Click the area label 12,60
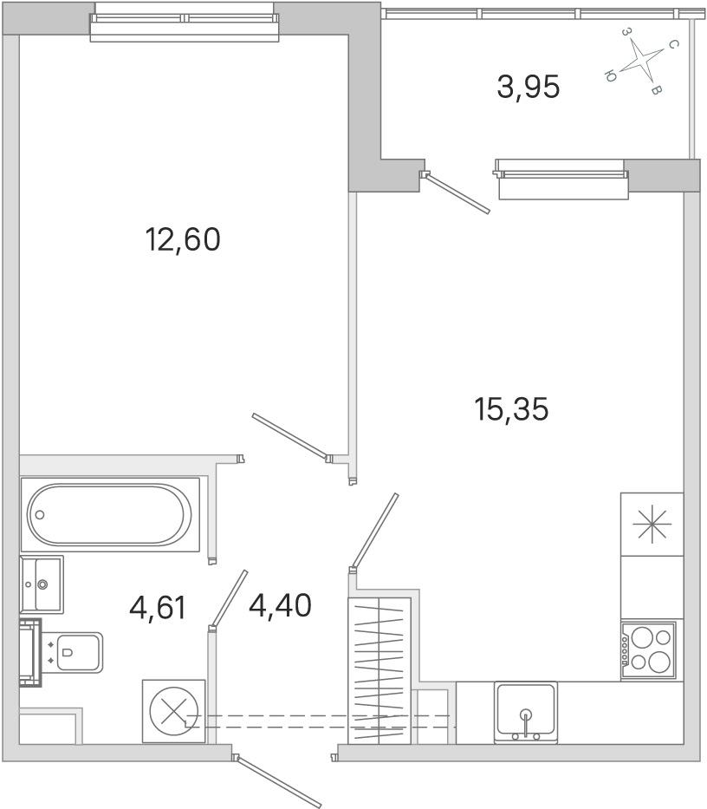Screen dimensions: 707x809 tap(183, 239)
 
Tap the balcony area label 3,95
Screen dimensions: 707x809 tap(528, 87)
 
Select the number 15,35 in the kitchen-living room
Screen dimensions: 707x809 tap(511, 409)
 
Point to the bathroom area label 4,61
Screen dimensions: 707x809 tap(158, 607)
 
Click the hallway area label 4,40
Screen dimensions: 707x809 tap(280, 605)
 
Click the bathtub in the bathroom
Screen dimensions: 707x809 tap(109, 514)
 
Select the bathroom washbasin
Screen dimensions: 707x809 tap(42, 584)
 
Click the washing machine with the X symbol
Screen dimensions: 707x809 tap(173, 712)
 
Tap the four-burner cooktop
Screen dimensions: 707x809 tap(649, 650)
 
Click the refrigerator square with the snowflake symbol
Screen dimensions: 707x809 tap(652, 525)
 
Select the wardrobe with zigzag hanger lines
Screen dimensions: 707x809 tap(379, 670)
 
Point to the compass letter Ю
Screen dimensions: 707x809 tap(610, 76)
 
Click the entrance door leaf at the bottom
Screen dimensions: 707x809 tap(277, 780)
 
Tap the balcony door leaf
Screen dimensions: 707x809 tap(456, 193)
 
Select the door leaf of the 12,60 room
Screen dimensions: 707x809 tap(290, 436)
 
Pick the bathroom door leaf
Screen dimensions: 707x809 tap(229, 599)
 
